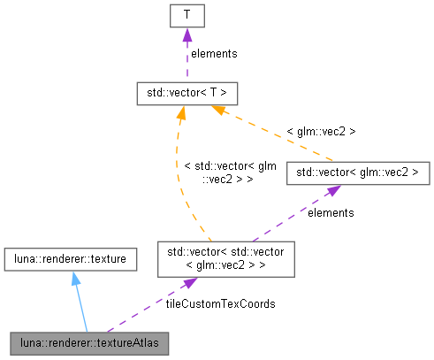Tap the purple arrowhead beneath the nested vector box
click(188, 283)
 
